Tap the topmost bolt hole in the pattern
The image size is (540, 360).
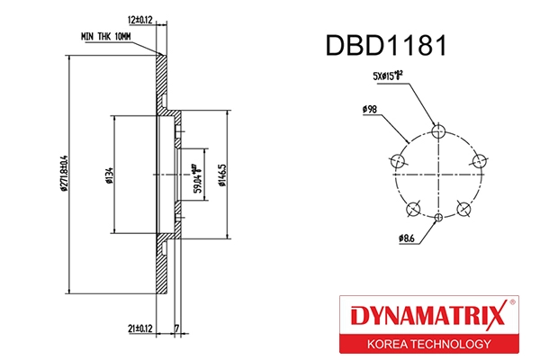pos(437,132)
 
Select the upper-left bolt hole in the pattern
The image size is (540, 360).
pos(397,161)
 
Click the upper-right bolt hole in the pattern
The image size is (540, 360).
pos(477,161)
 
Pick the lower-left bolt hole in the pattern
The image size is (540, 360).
pos(413,209)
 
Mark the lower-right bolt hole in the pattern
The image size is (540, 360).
pos(463,209)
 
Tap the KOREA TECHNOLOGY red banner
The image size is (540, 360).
pos(428,345)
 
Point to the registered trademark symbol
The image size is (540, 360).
pos(513,301)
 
